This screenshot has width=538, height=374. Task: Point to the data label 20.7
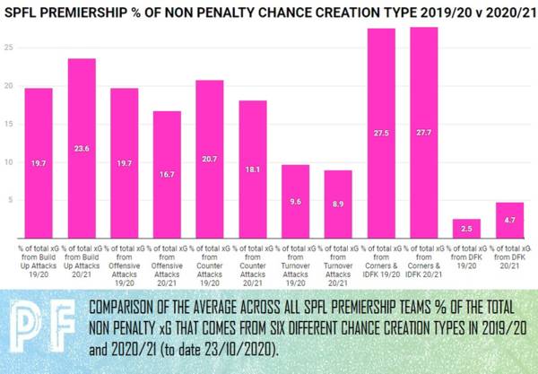coord(209,159)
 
